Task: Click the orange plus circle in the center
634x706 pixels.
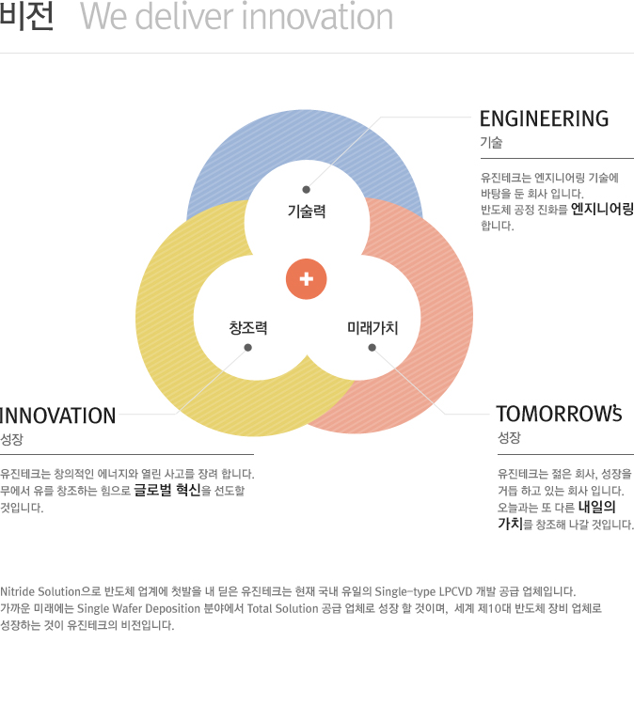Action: (x=307, y=278)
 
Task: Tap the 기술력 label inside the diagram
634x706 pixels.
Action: (x=307, y=212)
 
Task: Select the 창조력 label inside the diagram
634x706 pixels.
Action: (x=247, y=327)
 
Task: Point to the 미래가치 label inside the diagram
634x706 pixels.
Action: (x=372, y=328)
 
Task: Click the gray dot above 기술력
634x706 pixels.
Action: (x=306, y=190)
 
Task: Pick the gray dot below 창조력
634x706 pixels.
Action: (x=247, y=348)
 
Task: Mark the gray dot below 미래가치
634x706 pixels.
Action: (x=372, y=348)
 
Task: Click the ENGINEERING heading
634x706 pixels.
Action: (x=544, y=118)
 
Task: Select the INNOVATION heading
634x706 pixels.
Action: (x=58, y=416)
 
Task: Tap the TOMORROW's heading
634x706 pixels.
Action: (x=559, y=414)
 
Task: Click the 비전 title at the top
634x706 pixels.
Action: (x=26, y=17)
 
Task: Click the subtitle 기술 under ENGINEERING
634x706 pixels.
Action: (x=491, y=143)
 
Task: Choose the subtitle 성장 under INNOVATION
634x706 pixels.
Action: (x=11, y=439)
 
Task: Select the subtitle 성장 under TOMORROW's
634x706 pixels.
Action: (x=509, y=438)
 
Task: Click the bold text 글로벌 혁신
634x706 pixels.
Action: (x=167, y=490)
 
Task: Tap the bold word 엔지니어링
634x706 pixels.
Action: (x=602, y=210)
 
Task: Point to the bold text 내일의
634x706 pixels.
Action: (x=597, y=507)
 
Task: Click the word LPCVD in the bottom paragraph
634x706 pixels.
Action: (x=455, y=591)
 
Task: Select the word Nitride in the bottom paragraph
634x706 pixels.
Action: (x=17, y=591)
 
